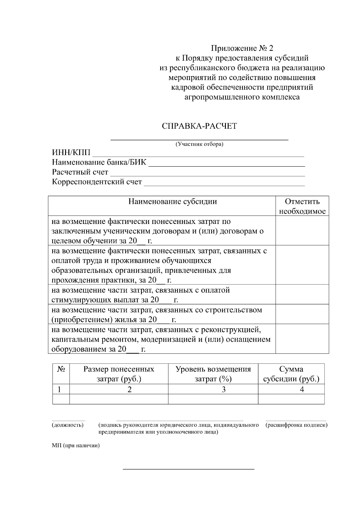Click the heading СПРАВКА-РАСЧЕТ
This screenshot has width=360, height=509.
coord(199,126)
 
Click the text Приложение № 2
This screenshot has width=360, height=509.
coord(242,48)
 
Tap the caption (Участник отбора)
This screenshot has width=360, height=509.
coord(199,144)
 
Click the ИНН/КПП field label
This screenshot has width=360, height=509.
coord(71,153)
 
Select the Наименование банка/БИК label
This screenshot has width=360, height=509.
coord(99,162)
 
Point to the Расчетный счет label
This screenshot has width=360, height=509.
coord(80,172)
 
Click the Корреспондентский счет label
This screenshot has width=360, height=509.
coord(97,182)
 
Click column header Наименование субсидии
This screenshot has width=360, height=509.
coord(172,201)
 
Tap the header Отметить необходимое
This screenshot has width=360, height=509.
coord(302,206)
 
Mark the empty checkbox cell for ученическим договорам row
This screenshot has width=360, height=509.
coord(302,231)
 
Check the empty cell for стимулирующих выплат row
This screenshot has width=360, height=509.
coord(302,295)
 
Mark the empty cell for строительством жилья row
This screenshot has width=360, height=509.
coord(302,314)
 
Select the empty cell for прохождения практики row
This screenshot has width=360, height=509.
coord(302,265)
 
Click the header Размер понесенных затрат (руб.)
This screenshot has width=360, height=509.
coord(119,374)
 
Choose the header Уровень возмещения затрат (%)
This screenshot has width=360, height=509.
coord(213,374)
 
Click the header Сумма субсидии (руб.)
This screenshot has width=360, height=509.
coord(291,374)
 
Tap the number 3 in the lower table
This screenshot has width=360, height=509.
coord(223,389)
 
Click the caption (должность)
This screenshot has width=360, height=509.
coord(67,425)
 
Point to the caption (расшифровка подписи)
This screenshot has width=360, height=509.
coord(296,425)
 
